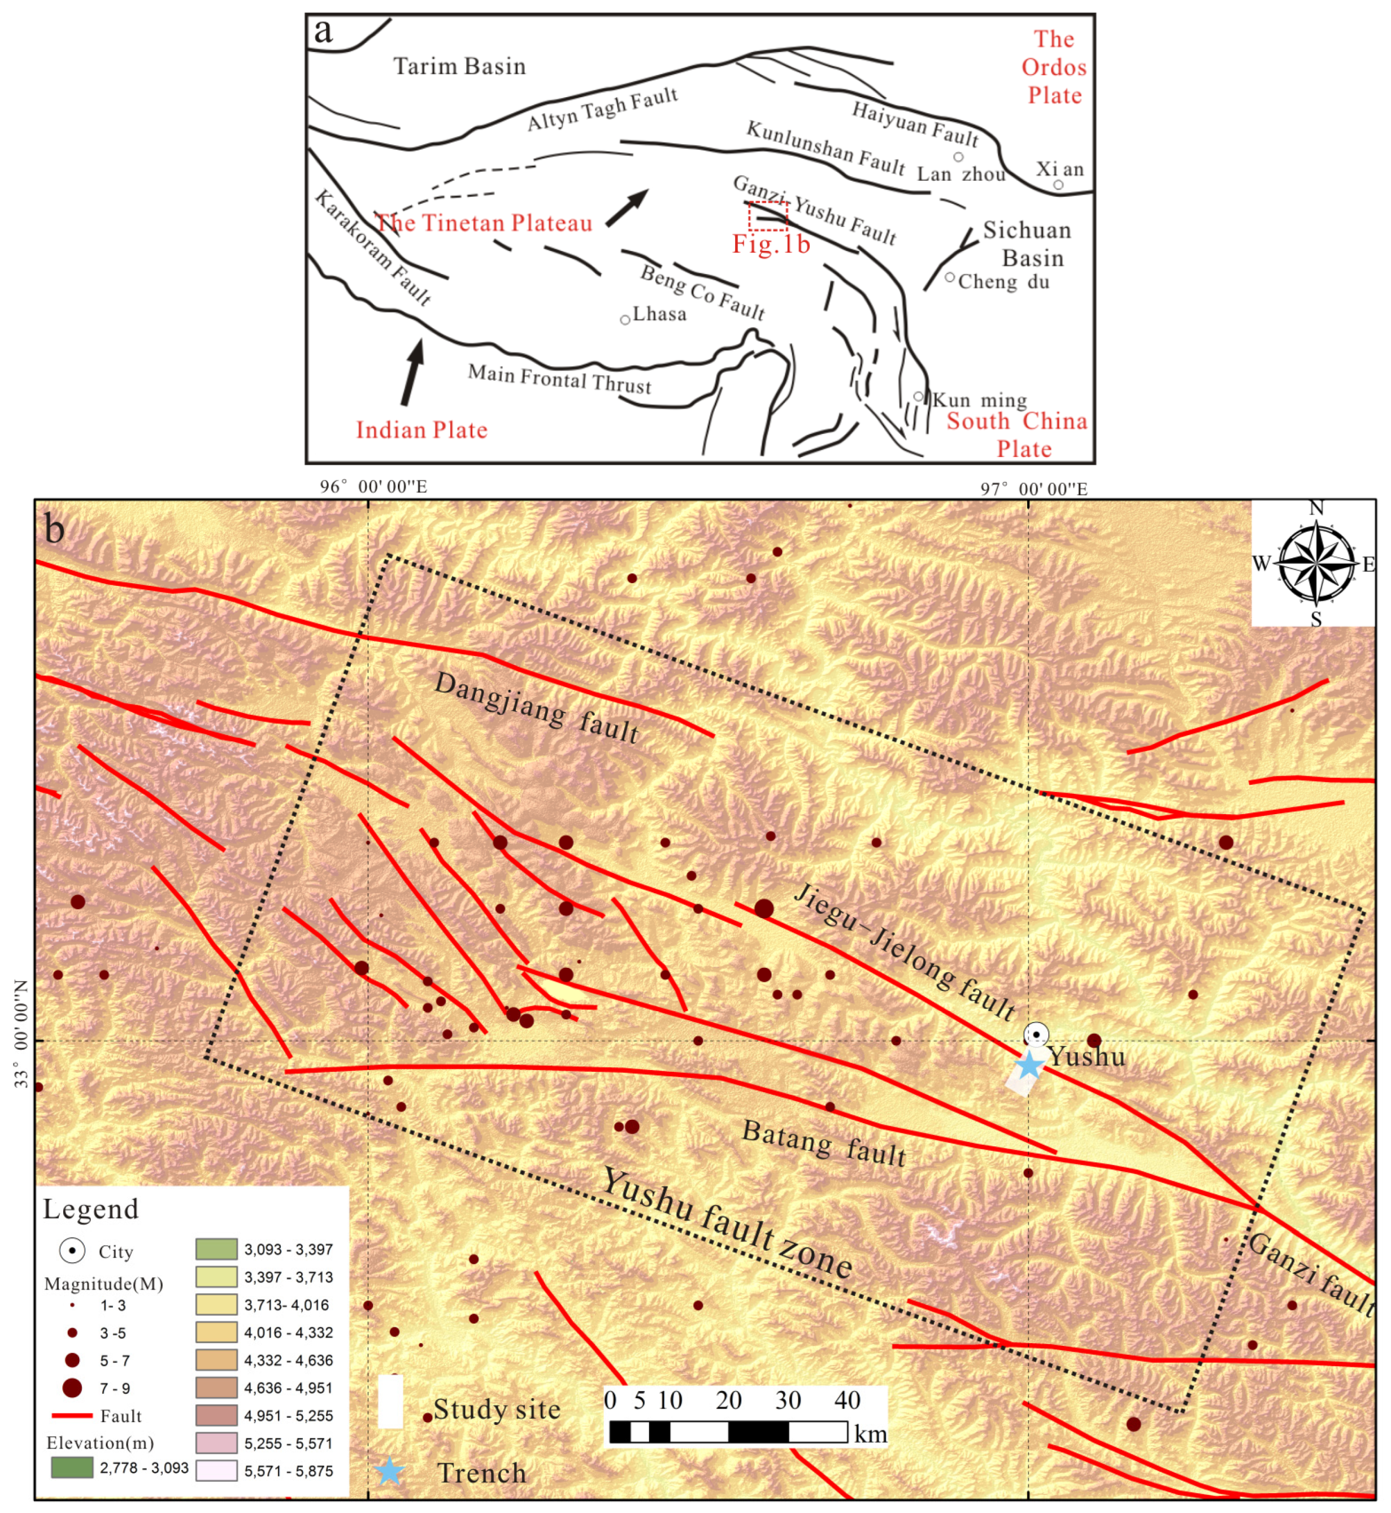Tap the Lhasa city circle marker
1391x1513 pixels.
tap(625, 320)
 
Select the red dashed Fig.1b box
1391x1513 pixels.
tap(768, 216)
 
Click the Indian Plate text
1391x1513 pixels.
tap(421, 430)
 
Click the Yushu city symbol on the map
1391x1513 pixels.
tap(1037, 1035)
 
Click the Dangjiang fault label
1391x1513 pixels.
tap(537, 707)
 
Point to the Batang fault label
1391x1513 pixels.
tap(824, 1142)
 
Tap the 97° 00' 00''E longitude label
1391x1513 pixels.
tap(1033, 489)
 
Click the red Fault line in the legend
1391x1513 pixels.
tap(72, 1416)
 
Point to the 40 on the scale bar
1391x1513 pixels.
tap(847, 1400)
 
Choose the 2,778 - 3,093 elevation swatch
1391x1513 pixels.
tap(72, 1467)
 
